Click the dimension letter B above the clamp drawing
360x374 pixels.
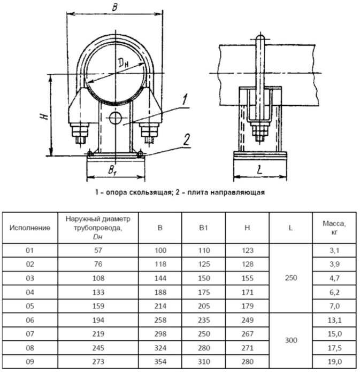coord(115,7)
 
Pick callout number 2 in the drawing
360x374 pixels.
coord(185,141)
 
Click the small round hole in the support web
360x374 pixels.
coord(115,118)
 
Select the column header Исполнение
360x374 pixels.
coord(30,228)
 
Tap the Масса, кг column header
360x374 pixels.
coord(334,228)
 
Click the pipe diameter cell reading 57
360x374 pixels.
coord(97,251)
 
